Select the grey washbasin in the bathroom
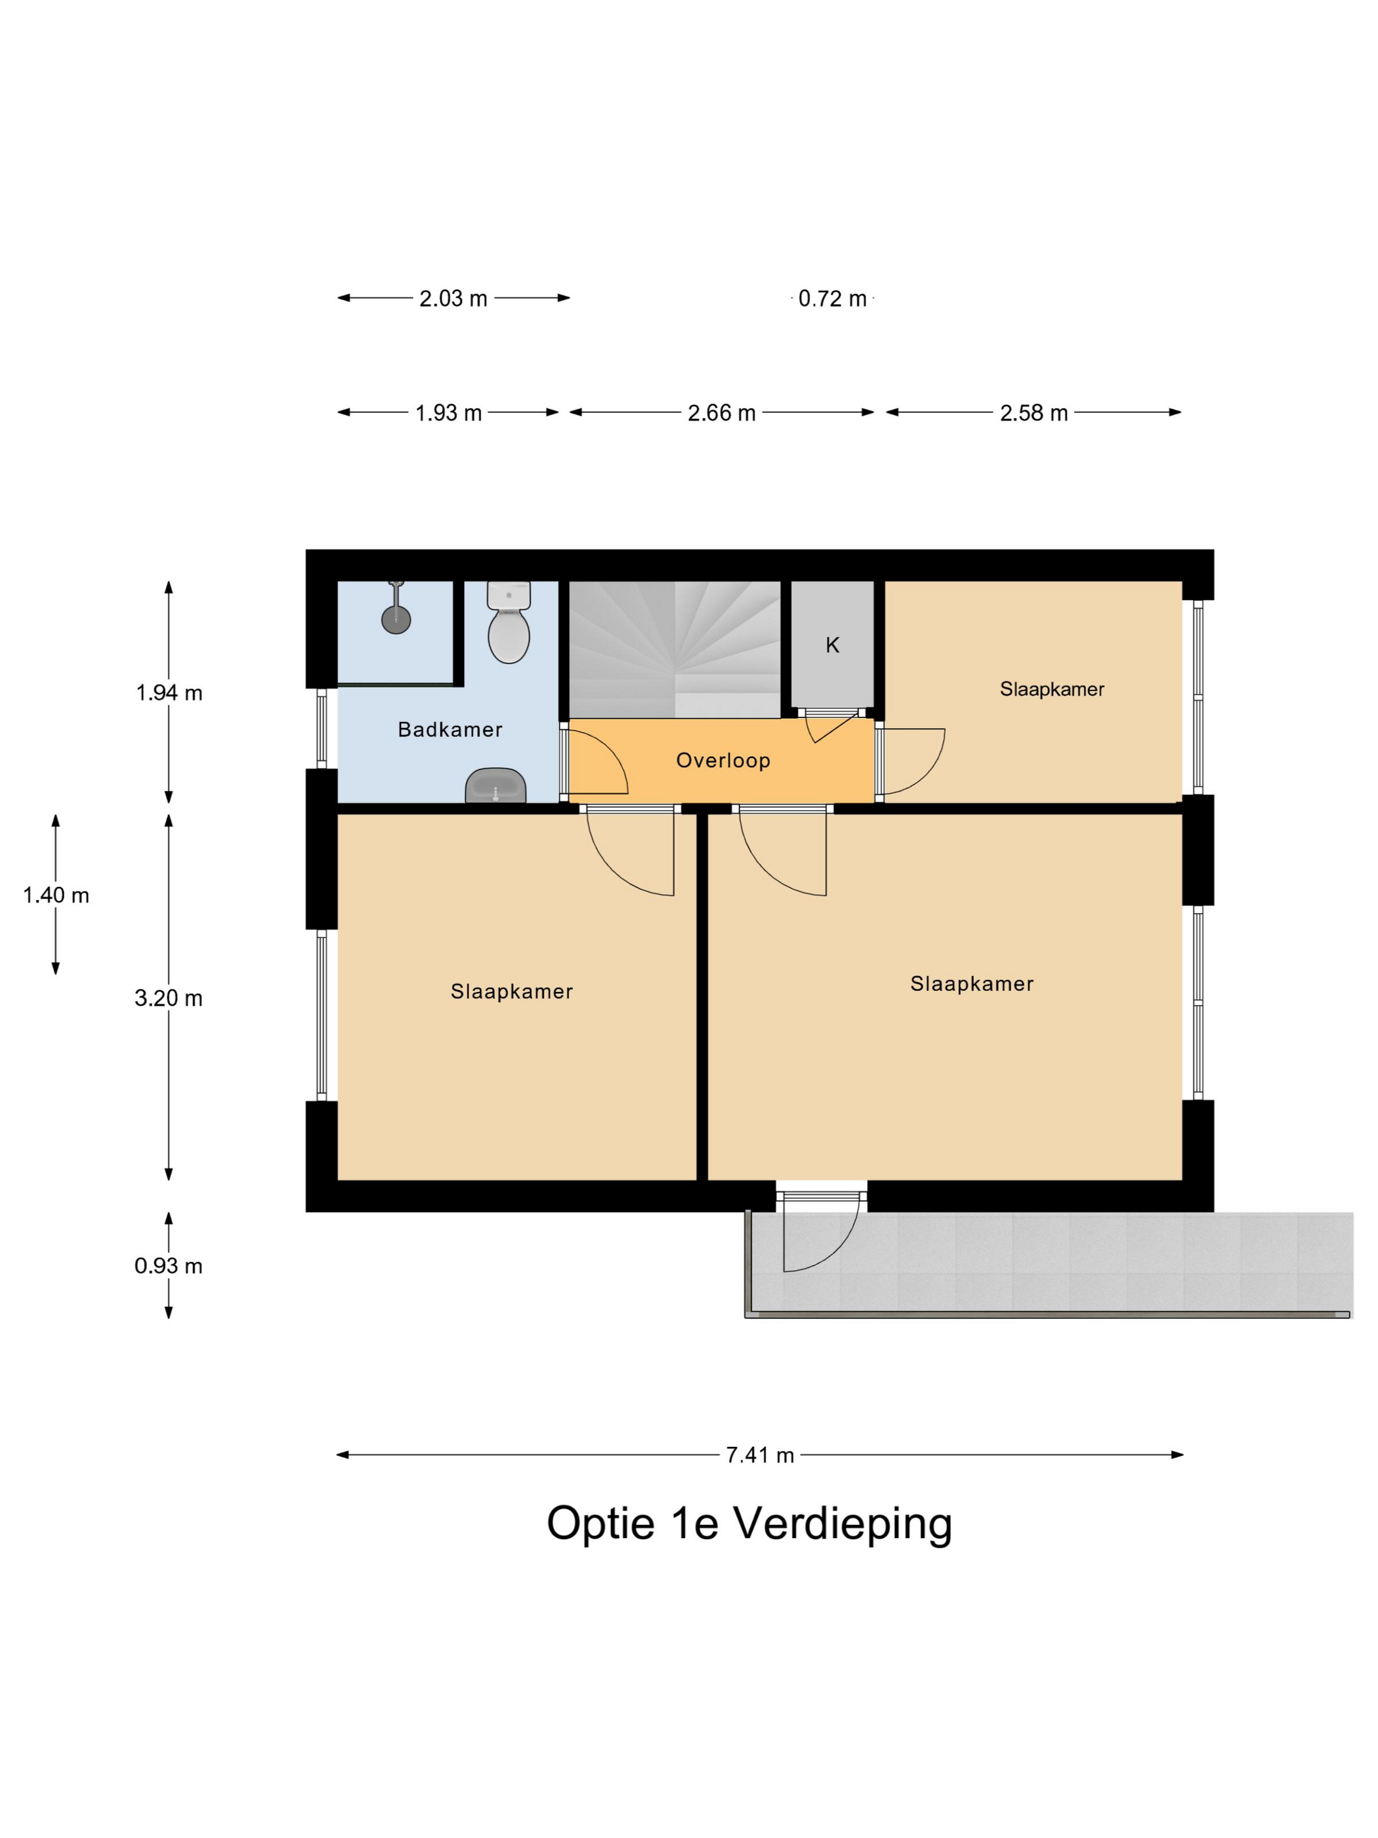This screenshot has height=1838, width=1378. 496,784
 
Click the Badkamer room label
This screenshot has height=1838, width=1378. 449,729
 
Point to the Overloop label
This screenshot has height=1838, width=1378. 722,760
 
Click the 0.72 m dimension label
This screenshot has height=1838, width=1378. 831,299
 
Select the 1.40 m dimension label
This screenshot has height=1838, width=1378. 56,895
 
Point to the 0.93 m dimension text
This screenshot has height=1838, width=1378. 168,1266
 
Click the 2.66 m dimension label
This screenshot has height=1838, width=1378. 721,413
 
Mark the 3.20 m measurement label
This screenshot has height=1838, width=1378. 168,998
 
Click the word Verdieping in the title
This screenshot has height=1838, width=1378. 841,1524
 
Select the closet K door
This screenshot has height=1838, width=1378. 831,725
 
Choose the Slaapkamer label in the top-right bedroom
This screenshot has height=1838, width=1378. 1052,689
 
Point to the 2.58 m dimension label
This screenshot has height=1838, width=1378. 1033,413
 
